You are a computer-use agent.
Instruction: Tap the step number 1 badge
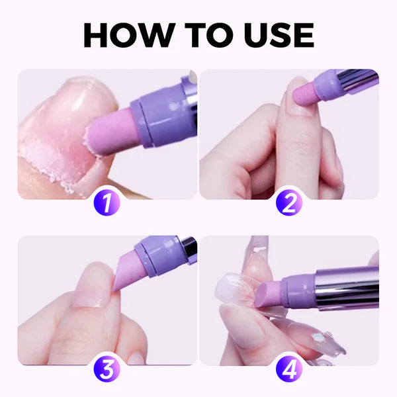click(x=107, y=200)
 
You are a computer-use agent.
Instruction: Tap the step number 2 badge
click(x=289, y=200)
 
